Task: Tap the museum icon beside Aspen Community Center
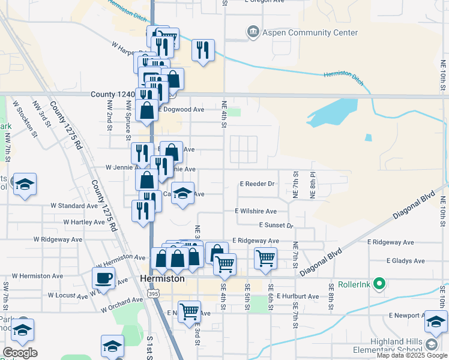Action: coord(253,31)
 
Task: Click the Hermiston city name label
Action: coord(161,279)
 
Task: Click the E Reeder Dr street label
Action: coord(256,184)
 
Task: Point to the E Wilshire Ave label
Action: coord(256,211)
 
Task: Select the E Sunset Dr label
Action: coord(276,226)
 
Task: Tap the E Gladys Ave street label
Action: coord(405,261)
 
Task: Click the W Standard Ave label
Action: coord(74,205)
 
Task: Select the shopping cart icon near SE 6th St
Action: coord(265,259)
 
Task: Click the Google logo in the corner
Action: coord(20,353)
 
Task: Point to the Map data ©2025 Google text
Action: coord(411,355)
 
